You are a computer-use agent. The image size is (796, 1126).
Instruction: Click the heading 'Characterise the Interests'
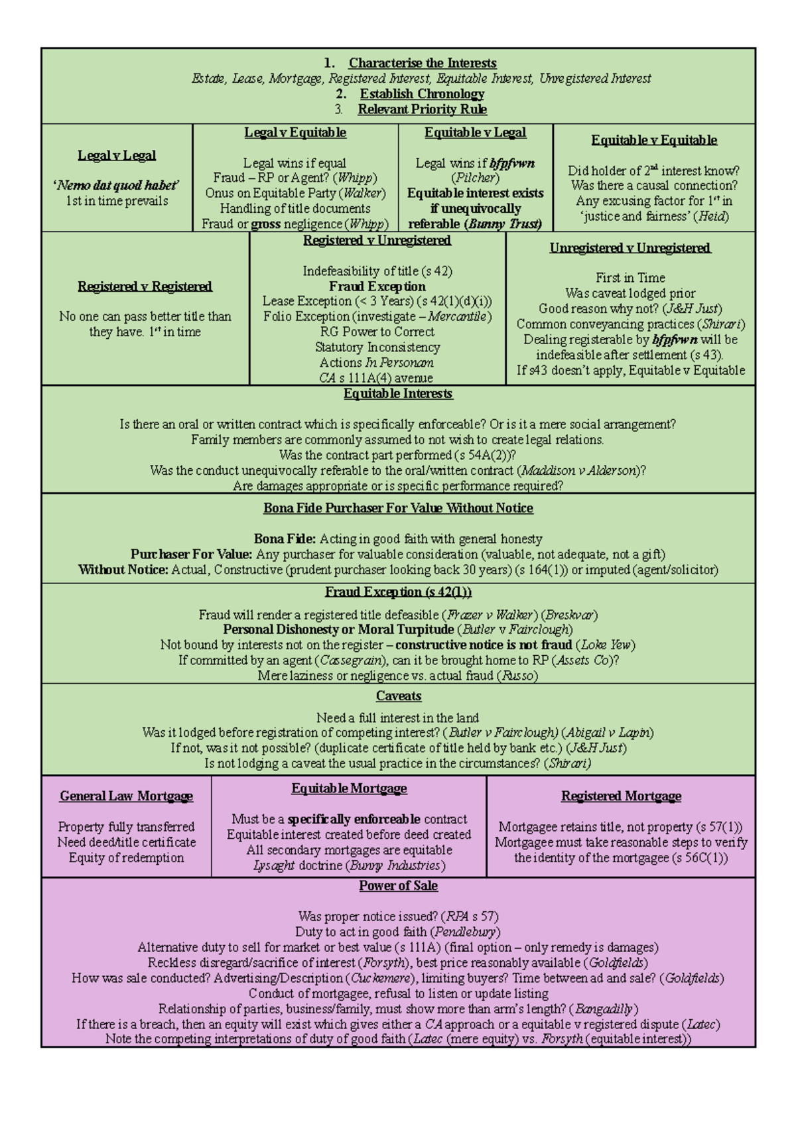coord(423,63)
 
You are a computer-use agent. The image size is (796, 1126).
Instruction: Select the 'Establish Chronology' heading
coord(422,94)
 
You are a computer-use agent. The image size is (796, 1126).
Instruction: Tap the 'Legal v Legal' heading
coord(117,155)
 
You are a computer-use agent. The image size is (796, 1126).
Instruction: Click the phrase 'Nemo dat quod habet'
coord(117,186)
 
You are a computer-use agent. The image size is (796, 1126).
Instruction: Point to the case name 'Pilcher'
coord(475,178)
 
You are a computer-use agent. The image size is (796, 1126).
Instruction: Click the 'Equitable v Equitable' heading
coord(654,140)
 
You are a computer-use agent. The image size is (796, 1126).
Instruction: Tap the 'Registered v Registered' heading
coord(145,286)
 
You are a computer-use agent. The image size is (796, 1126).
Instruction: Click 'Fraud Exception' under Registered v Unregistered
coord(377,286)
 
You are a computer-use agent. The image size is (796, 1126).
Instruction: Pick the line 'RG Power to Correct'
coord(377,332)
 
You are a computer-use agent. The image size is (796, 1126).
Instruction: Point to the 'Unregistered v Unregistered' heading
coord(630,248)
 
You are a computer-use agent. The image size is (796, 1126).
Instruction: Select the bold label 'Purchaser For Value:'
coord(191,554)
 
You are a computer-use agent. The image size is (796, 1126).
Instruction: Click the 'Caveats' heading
coord(399,696)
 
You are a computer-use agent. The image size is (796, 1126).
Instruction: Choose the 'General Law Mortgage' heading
coord(126,796)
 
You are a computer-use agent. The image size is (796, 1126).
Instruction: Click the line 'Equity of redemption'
coord(126,857)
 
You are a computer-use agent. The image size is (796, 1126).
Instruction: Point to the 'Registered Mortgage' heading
coord(621,796)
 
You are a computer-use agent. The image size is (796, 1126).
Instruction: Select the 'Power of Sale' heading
coord(399,886)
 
